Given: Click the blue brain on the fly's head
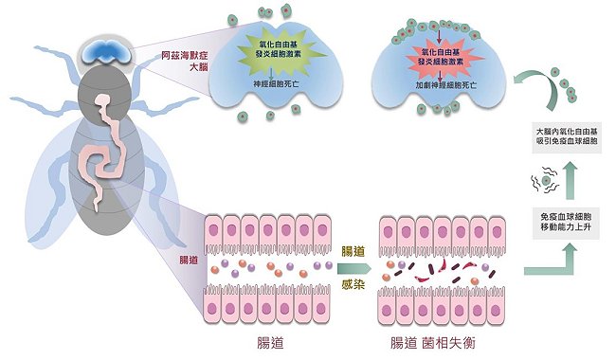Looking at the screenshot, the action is coord(106,54).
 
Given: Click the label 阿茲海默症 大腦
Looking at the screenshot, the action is coord(185,62).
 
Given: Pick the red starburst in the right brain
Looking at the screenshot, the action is coord(442,58).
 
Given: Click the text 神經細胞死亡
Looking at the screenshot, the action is coord(276,83).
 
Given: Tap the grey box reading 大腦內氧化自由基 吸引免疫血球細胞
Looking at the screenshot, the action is coord(567,137).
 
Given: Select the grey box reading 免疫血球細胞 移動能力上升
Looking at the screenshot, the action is coord(566,223).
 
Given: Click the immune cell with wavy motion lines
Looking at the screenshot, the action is coord(546,180).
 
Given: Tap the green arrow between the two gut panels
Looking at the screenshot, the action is coord(354,268).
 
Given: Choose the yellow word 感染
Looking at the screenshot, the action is coord(353,284).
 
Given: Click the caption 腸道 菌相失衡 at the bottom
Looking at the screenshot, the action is coord(432,343).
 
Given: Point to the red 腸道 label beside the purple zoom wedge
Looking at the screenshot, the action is coord(189,260).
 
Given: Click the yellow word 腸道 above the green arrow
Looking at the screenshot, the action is coord(353,251).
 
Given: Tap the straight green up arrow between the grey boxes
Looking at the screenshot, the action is coord(570,180).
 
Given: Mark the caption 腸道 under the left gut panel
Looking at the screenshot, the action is coord(270,343).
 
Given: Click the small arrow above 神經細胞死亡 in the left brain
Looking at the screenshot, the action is coord(271,73).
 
